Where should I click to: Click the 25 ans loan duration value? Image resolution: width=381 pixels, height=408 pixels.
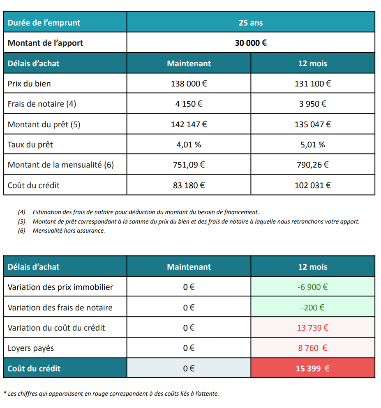251,23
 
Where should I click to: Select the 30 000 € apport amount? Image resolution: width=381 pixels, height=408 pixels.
251,43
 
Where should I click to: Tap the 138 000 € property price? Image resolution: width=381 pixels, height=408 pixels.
189,84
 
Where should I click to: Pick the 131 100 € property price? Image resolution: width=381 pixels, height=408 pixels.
312,84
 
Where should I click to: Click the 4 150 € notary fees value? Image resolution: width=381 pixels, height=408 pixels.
189,104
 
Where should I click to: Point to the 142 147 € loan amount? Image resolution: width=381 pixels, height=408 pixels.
189,124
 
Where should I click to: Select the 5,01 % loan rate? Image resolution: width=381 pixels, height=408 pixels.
312,145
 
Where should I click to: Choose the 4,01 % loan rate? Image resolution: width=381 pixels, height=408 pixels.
189,145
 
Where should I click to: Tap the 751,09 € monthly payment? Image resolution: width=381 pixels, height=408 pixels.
189,165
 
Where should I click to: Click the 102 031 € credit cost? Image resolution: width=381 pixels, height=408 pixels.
312,185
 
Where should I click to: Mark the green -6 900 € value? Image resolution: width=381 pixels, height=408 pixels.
312,287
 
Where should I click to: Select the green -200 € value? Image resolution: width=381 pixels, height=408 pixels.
312,307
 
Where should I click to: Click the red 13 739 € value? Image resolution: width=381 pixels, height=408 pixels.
312,328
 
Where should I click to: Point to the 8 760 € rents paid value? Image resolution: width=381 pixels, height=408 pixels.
312,348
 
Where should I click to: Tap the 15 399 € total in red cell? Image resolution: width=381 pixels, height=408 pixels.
312,368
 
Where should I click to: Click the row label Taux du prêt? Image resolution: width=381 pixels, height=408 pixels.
30,145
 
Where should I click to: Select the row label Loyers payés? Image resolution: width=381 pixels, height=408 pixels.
31,348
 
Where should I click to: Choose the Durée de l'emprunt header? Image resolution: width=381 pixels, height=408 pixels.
44,23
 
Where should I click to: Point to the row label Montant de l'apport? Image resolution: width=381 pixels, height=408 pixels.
45,43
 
